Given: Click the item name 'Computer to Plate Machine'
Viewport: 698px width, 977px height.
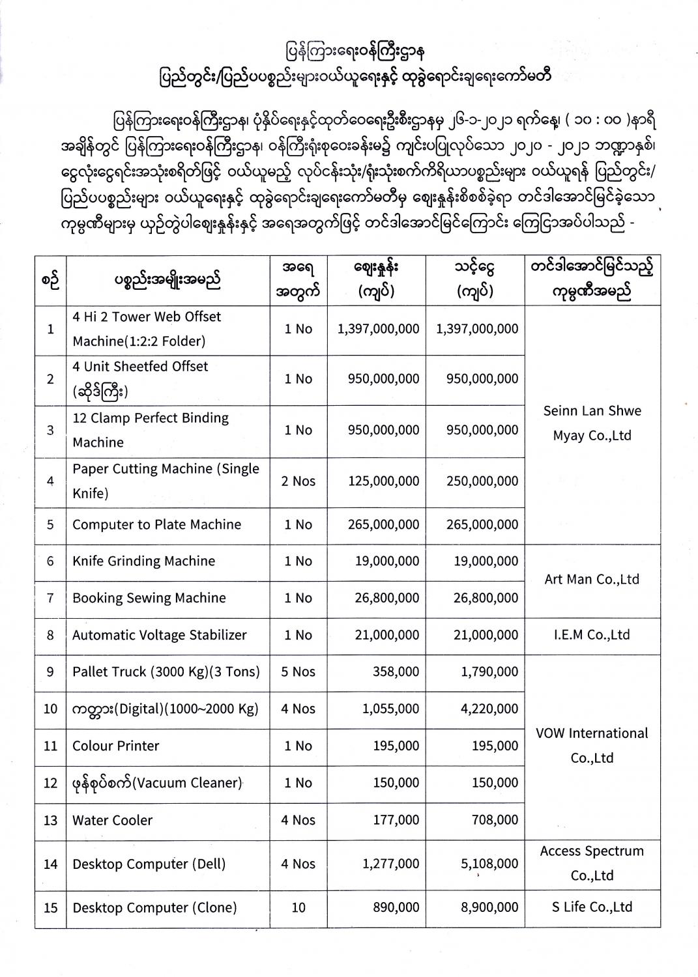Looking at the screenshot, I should (156, 525).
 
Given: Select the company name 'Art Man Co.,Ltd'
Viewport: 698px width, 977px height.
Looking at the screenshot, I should (592, 579).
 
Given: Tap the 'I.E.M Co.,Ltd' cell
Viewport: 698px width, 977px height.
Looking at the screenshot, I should (592, 635).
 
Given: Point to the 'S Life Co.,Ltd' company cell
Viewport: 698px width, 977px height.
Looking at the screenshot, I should (592, 907).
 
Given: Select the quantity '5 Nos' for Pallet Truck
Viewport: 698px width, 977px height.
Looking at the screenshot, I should (298, 672).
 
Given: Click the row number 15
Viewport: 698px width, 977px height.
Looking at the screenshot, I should (50, 908).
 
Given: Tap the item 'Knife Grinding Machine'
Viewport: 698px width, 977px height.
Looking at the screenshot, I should (143, 561).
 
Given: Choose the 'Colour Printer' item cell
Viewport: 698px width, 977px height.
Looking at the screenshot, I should (116, 746).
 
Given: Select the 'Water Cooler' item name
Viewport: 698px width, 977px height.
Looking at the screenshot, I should (112, 821).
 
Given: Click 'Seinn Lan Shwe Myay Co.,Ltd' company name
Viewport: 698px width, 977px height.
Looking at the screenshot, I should (592, 423).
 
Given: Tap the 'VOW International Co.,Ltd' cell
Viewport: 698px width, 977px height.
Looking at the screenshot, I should (592, 746).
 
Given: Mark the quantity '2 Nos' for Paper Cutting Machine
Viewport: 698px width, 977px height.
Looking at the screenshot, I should (298, 481).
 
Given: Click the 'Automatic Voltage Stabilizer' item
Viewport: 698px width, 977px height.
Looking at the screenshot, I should (160, 635).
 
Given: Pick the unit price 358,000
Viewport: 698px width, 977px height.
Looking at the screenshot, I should (396, 672).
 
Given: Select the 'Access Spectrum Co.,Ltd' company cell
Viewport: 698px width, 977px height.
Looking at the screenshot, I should (592, 864).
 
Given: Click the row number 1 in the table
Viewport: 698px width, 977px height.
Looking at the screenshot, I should (50, 329).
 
